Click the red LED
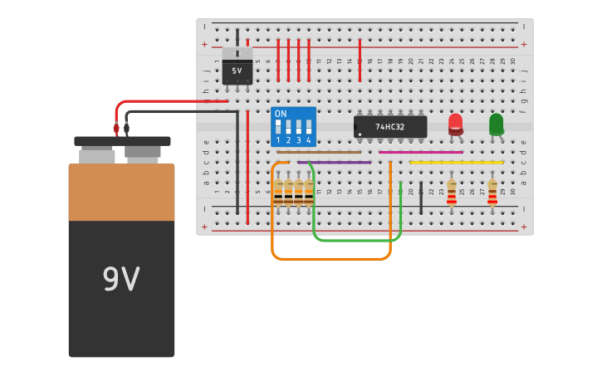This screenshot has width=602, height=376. pos(455,124)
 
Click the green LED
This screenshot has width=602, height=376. pos(496,124)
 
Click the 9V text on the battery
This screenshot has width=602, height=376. pos(121,280)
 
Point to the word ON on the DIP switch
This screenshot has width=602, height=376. pos(281,114)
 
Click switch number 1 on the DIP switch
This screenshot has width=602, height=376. pos(278,129)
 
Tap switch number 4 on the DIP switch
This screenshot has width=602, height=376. pos(308,129)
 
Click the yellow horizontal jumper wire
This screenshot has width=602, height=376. pos(457,162)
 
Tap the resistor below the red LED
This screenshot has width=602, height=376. pos(452,192)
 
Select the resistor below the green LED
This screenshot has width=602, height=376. pos(492,192)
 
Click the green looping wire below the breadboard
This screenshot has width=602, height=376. pos(357,241)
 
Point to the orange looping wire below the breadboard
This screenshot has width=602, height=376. pos(332,260)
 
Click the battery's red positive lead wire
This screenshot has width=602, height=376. pos(166,101)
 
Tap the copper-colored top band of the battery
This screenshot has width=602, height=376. pos(121,192)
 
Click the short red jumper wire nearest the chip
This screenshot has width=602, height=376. pos(360,61)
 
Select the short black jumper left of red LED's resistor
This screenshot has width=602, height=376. pos(421,199)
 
